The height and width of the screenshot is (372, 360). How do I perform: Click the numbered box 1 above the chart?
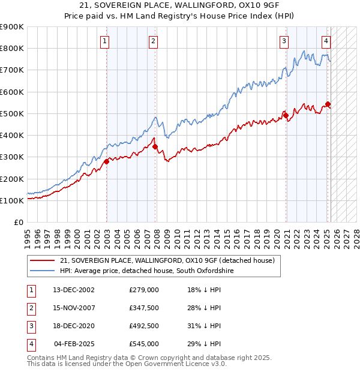coord(105,41)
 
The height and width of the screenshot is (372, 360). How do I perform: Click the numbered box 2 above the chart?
coord(154,41)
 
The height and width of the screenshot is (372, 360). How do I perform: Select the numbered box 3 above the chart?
coord(283,41)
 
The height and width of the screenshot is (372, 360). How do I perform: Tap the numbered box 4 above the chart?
coord(326,41)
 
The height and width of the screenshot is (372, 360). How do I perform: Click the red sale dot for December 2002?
coord(107,161)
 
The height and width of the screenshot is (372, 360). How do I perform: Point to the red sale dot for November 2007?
coord(155,146)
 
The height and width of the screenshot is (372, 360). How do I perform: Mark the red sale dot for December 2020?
coord(286,115)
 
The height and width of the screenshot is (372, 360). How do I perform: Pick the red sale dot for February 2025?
coord(328,104)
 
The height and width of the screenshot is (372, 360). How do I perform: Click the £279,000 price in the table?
coord(144,290)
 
